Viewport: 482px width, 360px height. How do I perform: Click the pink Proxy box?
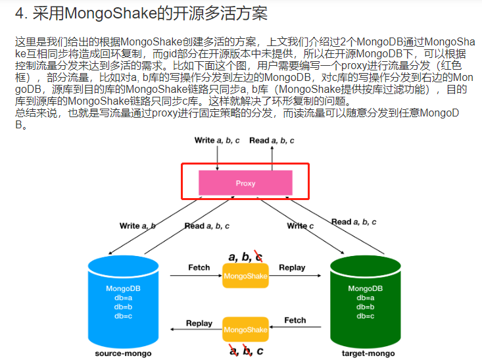(245, 182)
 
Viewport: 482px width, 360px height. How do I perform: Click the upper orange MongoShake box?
(245, 276)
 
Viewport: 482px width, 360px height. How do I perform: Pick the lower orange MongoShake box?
(245, 328)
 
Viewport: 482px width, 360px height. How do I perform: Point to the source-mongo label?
(123, 353)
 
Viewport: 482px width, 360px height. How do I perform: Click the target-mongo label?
(368, 353)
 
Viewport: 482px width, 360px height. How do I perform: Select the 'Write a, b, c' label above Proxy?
(218, 140)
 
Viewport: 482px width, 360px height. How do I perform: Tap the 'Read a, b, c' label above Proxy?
(272, 140)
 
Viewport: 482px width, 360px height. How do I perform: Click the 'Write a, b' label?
(137, 226)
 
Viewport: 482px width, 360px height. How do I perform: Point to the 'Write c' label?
(301, 226)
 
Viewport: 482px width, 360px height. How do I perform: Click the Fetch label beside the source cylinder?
(199, 267)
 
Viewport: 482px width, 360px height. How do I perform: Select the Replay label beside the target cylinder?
(292, 267)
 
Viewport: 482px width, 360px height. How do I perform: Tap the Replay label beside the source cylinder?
(199, 323)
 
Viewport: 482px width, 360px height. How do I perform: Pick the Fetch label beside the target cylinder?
(295, 320)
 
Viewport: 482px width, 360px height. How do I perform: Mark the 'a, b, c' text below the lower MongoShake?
(246, 350)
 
